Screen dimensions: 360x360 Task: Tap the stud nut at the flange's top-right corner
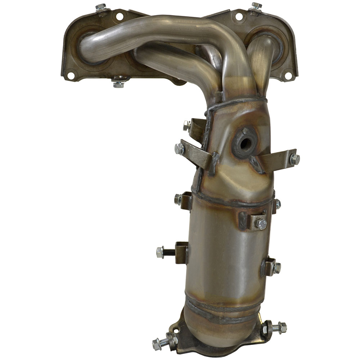[256, 6]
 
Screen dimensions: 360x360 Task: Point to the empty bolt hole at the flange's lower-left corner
[71, 75]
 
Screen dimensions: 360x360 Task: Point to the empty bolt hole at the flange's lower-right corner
[288, 76]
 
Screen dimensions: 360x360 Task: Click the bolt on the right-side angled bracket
[294, 159]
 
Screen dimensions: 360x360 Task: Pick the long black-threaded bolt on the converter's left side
[161, 252]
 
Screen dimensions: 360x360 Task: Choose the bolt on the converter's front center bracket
[261, 224]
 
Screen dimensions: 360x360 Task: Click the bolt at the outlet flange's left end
[157, 343]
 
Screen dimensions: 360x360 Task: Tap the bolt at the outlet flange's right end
[282, 327]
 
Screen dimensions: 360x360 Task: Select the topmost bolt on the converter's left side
[186, 126]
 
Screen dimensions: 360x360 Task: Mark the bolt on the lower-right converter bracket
[276, 267]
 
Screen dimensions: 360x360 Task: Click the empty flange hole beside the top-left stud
[120, 16]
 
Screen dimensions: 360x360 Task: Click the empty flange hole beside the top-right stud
[238, 16]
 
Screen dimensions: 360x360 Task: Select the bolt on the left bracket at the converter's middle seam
[178, 199]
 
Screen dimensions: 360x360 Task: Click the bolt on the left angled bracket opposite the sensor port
[179, 148]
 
